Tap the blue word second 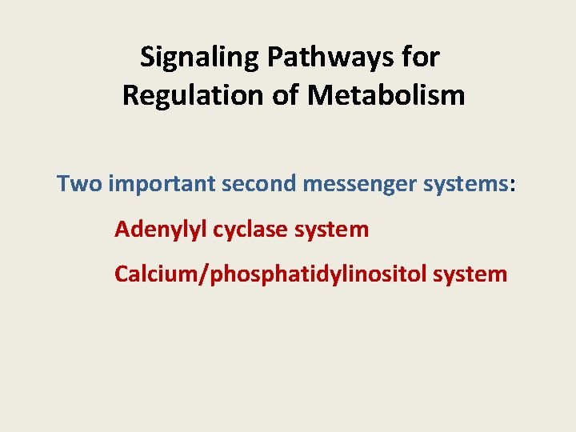pyautogui.click(x=260, y=184)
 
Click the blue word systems pyautogui.click(x=465, y=184)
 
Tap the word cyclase pyautogui.click(x=249, y=230)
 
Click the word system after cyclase pyautogui.click(x=332, y=230)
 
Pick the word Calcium pyautogui.click(x=158, y=274)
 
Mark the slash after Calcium pyautogui.click(x=207, y=274)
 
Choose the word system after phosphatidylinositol pyautogui.click(x=470, y=274)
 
